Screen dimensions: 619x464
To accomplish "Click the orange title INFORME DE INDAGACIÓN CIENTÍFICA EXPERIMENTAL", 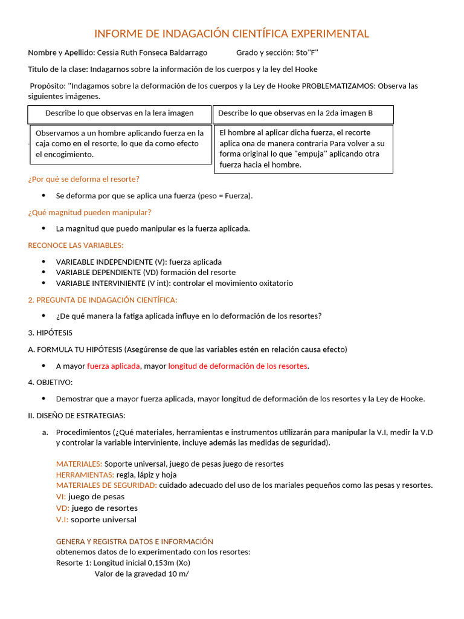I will tap(231, 33).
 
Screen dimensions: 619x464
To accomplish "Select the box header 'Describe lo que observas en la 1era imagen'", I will tap(120, 113).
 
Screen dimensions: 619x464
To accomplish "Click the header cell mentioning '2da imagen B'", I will tap(295, 113).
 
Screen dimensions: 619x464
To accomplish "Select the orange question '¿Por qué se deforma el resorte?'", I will tap(83, 179).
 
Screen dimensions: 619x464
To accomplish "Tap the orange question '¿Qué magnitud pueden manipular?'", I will tap(89, 212).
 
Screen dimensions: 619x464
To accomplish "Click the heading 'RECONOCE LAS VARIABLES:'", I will tap(76, 245).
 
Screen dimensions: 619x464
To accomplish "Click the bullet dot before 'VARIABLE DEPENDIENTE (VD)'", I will tap(43, 273).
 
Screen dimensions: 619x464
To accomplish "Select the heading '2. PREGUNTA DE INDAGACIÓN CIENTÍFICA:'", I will tap(103, 300).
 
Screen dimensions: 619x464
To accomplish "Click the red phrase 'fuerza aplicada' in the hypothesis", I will tap(114, 366).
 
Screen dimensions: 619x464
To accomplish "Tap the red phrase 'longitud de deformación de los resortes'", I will tap(237, 366).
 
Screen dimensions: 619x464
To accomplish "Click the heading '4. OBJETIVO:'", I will tap(50, 382).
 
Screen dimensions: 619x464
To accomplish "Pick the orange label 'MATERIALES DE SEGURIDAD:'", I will tap(106, 485).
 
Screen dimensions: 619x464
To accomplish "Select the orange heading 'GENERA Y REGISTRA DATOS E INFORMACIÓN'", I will tap(134, 541).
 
